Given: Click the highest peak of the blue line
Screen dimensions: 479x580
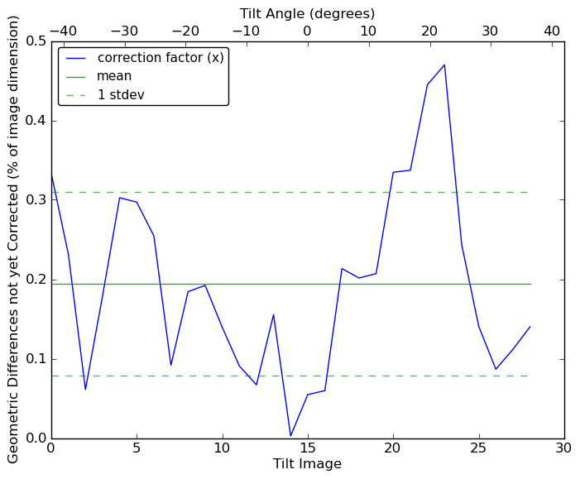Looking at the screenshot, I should (444, 65).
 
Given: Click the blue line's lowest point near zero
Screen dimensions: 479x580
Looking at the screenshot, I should (290, 436).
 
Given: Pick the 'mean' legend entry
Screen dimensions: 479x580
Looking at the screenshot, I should (114, 76).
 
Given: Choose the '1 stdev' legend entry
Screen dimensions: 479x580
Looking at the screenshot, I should (120, 94).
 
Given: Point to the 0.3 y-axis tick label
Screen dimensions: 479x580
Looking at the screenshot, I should (35, 200).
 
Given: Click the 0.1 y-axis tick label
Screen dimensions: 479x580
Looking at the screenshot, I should (35, 359).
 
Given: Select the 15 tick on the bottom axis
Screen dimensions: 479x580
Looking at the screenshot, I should (308, 448).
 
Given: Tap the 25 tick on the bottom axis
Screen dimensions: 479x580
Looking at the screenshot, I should (478, 448).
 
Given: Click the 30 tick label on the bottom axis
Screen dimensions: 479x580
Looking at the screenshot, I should (564, 448).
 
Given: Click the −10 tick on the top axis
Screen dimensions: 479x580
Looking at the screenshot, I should (246, 31).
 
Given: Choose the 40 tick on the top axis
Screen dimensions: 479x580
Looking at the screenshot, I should (552, 31).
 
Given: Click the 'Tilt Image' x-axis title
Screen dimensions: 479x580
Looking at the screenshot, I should (307, 465).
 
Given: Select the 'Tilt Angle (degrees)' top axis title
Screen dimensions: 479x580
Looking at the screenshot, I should (307, 13).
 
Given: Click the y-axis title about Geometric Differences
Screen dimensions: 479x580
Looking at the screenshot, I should (14, 239).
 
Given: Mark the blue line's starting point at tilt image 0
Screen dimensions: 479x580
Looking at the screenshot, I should (51, 175).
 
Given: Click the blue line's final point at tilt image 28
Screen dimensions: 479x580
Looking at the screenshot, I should (530, 327).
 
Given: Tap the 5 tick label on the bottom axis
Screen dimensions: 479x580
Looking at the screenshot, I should (137, 448).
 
